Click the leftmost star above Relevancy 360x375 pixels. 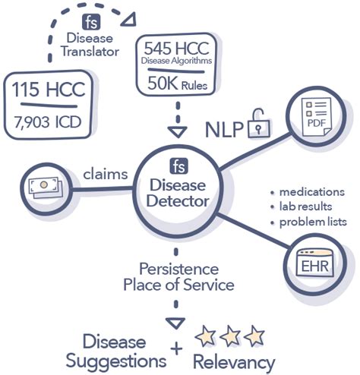(x=206, y=333)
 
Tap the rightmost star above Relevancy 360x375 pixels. (x=256, y=333)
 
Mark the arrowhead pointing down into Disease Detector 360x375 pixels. (x=176, y=129)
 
